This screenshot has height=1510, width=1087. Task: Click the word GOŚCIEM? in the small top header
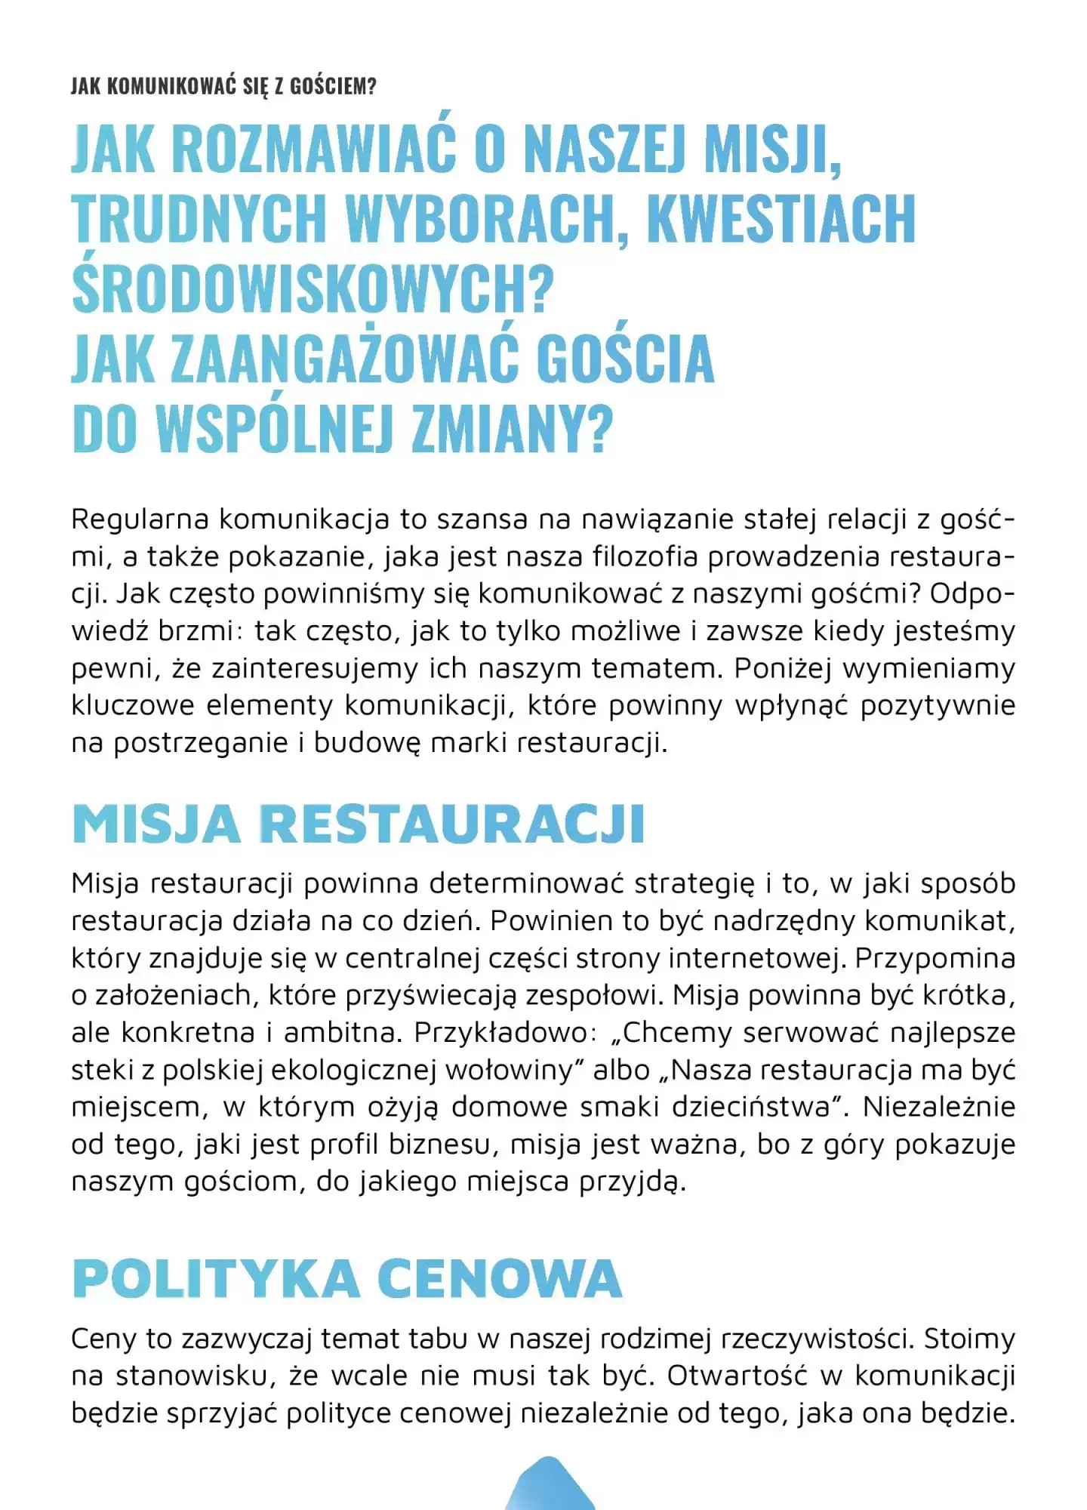[x=333, y=86]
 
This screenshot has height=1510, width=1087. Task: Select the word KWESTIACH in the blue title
[x=781, y=219]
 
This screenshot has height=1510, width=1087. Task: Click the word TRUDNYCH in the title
[x=199, y=219]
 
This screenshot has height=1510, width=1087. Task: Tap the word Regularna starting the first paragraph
[x=140, y=519]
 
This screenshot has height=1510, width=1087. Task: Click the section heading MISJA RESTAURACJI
[x=359, y=824]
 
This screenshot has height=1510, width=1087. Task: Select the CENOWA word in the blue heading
[x=499, y=1279]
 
